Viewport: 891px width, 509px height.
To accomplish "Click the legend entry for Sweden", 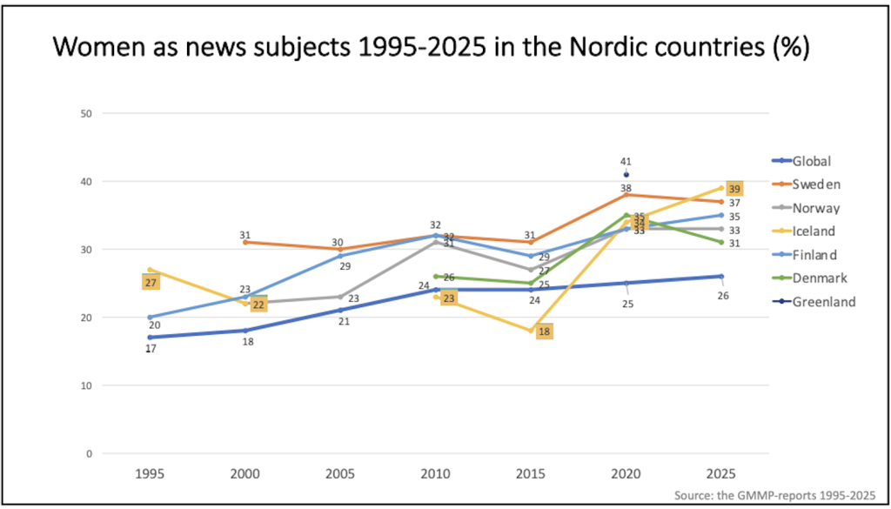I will click(x=812, y=184).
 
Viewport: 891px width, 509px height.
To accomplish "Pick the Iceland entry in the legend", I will click(x=813, y=231).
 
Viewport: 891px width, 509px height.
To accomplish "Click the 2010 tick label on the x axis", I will click(x=435, y=474).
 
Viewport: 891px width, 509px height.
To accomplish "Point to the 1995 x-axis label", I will click(x=150, y=474).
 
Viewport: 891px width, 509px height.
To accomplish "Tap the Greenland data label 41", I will click(x=626, y=161).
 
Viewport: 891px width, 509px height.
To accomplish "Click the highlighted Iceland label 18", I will click(x=544, y=332).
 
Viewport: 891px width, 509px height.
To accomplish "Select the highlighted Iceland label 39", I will click(x=734, y=189).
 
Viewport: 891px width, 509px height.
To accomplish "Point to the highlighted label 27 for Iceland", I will click(x=151, y=283).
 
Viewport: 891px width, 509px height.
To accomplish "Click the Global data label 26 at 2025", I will click(x=722, y=296).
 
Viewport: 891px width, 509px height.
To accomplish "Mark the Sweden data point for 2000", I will click(x=245, y=242).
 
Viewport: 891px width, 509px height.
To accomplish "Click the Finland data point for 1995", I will click(x=150, y=317).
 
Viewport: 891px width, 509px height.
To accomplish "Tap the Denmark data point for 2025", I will click(x=721, y=242).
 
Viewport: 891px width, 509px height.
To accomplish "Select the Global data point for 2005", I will click(x=340, y=310).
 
